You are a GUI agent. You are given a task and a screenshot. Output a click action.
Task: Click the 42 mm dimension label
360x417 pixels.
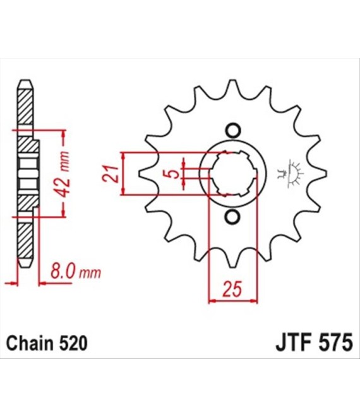[64, 174]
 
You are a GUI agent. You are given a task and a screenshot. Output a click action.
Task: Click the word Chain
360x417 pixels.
[30, 343]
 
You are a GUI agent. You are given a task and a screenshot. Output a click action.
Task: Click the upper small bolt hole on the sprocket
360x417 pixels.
[233, 131]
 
